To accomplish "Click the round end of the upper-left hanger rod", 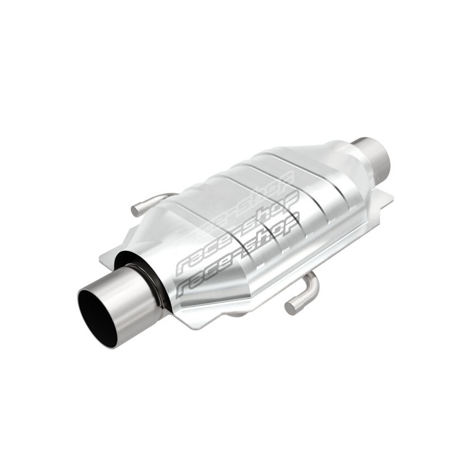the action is pyautogui.click(x=136, y=209).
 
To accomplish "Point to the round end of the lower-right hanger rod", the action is pyautogui.click(x=290, y=308).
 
